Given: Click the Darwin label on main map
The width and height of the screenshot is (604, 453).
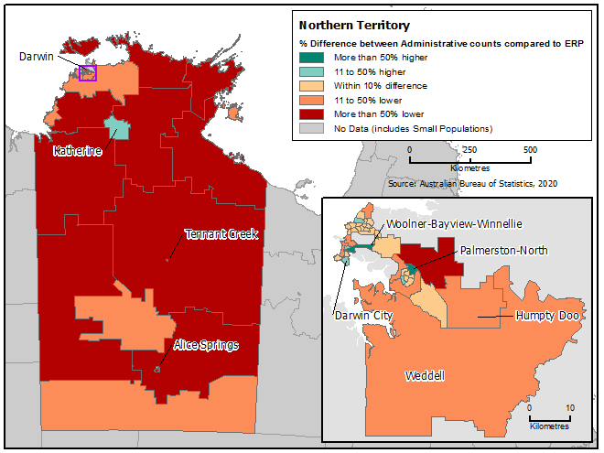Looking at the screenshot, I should coord(38,57).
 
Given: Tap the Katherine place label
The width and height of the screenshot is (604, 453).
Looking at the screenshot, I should coord(77,150).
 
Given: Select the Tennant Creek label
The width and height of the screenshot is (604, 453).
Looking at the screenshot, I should coord(221,234).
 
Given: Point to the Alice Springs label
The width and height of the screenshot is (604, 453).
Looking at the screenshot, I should coord(207,345).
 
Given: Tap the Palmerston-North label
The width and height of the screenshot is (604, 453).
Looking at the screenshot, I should coord(503,249).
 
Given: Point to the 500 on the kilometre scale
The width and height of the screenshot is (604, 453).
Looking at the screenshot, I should coord(530,149).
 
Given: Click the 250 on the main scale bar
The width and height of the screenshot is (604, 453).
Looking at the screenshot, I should coord(469,149).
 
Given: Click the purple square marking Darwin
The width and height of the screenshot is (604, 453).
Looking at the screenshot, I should coord(88,73).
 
